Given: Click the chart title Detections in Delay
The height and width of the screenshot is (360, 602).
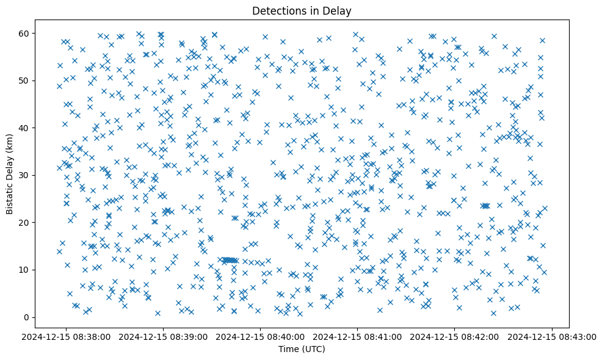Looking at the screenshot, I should coord(300,10).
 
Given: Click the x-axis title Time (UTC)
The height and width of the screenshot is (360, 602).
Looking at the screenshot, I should coord(300,350).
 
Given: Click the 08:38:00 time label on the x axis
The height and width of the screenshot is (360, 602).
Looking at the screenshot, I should coord(67,336).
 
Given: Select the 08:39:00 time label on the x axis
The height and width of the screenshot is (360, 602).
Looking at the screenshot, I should coord(164,336).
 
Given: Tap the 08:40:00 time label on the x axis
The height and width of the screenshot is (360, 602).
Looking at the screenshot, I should coord(261,336).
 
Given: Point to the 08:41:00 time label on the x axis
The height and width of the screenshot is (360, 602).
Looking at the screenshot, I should coord(358,336).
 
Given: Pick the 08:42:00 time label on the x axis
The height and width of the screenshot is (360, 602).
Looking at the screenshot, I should coord(455,336).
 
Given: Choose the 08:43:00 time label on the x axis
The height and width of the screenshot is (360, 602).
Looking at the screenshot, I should coord(553,336).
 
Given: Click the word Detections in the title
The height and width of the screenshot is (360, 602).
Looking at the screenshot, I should coord(277,10).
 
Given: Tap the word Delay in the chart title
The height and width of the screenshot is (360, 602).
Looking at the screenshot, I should coord(339,10).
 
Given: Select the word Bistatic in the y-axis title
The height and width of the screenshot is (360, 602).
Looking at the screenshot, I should coord(10,193).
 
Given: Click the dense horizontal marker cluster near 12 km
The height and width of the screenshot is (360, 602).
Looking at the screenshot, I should coord(229,261).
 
